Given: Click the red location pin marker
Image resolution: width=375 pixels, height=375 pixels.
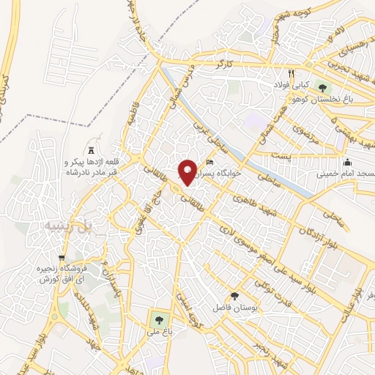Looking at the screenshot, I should (187, 171).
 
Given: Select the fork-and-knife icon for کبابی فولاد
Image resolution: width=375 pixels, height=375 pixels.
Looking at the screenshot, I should (291, 73).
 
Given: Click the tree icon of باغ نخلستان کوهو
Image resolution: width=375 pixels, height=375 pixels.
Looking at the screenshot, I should (322, 88).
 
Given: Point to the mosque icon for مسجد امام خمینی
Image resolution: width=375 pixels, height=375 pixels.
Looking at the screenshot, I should (346, 162).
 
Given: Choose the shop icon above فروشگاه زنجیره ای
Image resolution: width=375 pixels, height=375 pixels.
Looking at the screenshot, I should (62, 259).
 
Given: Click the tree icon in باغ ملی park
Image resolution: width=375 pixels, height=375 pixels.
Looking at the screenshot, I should (157, 319).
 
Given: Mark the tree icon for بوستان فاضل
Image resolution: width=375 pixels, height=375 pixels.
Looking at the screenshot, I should (234, 296).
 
